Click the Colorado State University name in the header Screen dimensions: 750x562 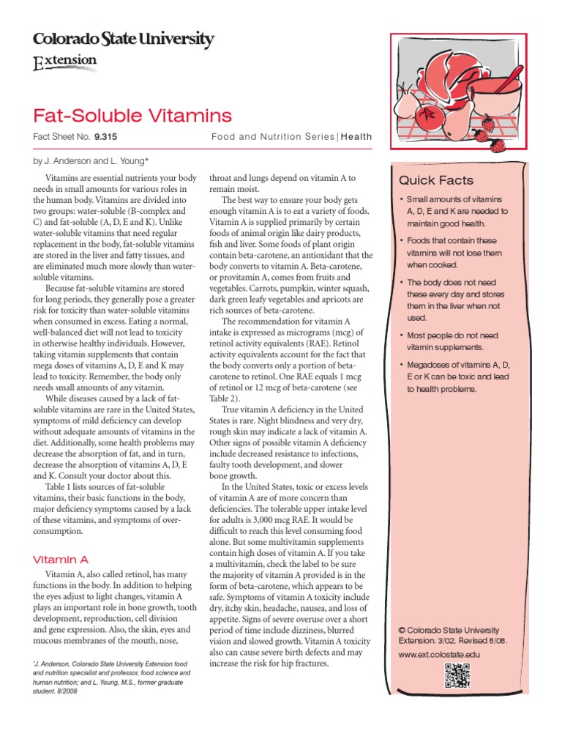123,40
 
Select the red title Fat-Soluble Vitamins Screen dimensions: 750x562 132,115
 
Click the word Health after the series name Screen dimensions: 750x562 356,136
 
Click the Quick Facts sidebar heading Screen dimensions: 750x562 435,180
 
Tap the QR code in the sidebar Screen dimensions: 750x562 457,675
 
